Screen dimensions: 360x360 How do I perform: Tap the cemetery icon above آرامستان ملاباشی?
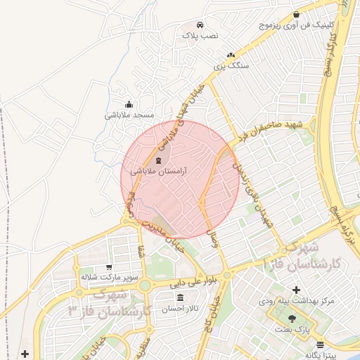(157, 161)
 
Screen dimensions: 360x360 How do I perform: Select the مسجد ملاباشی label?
(129, 115)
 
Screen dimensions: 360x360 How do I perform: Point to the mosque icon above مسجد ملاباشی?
(128, 105)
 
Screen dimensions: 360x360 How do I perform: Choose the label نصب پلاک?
(200, 34)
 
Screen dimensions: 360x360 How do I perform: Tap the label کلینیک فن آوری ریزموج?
(295, 25)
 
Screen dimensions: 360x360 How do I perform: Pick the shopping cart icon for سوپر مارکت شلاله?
(109, 267)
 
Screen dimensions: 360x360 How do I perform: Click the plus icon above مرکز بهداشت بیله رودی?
(296, 290)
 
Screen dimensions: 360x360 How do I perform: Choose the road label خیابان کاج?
(212, 309)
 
